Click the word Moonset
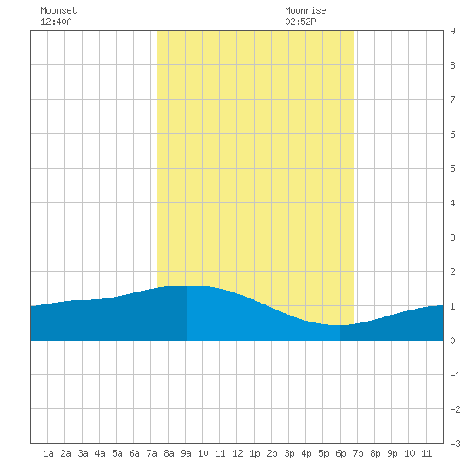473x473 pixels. [x=58, y=10]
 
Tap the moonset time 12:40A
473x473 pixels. [x=56, y=21]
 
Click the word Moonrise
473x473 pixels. [x=305, y=10]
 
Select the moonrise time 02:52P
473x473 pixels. [x=300, y=21]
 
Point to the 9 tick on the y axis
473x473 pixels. [x=452, y=31]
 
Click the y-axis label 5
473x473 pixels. [x=452, y=169]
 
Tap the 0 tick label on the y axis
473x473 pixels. [x=452, y=341]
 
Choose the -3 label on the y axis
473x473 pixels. [x=455, y=444]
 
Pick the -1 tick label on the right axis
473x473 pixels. [x=455, y=375]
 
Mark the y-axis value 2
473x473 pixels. [x=452, y=272]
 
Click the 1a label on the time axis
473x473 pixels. [x=48, y=453]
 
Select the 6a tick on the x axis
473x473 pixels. [x=134, y=453]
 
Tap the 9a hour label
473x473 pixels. [x=186, y=453]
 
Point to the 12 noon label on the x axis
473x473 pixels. [x=237, y=453]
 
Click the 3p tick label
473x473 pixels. [x=289, y=453]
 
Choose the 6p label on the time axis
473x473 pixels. [x=341, y=453]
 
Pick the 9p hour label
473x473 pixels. [x=392, y=453]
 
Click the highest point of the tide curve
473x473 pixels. [x=187, y=286]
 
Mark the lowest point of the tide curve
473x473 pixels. [x=335, y=325]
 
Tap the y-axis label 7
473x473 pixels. [x=452, y=100]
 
